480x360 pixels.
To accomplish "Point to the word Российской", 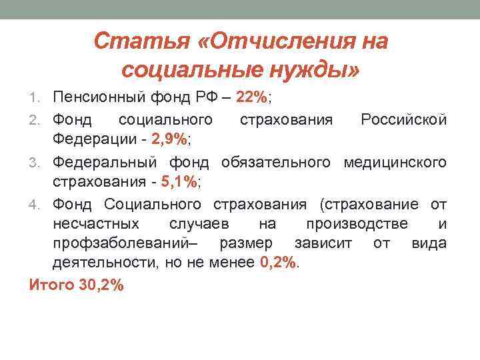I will pos(403,120).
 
